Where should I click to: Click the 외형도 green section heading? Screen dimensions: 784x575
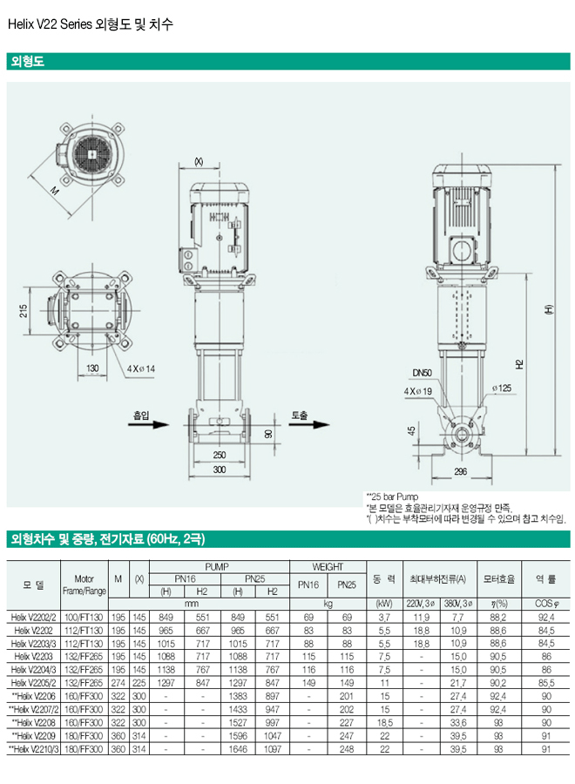(26, 62)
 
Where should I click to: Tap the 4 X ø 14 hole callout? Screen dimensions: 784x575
(139, 368)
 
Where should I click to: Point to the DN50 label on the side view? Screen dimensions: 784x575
(422, 373)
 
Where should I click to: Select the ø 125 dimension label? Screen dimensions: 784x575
(500, 387)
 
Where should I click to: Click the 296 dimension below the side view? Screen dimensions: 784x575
(460, 471)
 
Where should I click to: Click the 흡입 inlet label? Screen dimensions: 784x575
(141, 416)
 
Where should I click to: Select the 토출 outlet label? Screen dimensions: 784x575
(300, 416)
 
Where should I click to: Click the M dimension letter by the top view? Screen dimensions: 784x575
(54, 190)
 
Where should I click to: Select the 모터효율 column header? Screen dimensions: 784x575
(499, 578)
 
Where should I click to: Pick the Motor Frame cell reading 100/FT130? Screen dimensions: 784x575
(84, 616)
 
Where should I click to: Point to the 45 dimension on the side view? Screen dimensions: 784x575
(411, 430)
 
